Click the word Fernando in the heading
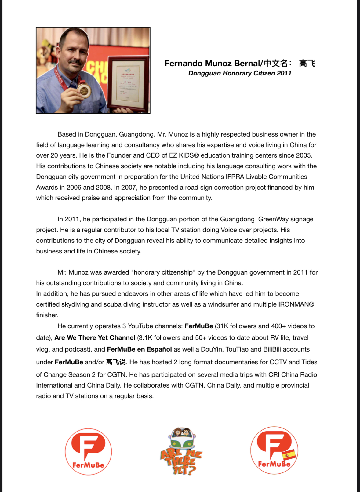[x=183, y=64]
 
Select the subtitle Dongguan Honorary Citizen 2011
[x=240, y=73]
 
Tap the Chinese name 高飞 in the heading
[x=307, y=64]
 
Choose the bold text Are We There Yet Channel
[x=95, y=338]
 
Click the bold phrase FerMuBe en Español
[x=139, y=349]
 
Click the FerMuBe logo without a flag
[x=88, y=451]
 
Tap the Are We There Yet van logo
[x=181, y=451]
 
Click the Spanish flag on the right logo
[x=289, y=455]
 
